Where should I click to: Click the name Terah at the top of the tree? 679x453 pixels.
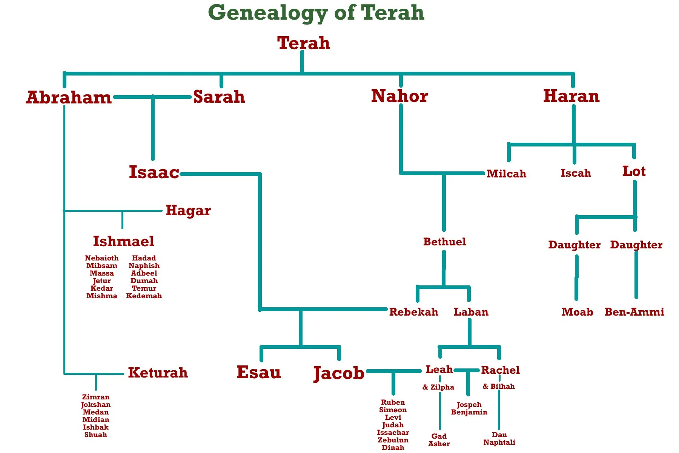click(304, 43)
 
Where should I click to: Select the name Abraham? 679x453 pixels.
click(69, 97)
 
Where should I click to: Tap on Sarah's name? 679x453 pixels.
click(219, 97)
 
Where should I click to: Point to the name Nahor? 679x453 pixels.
click(399, 96)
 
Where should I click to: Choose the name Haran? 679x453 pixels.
click(571, 96)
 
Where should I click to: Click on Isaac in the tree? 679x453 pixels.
click(154, 172)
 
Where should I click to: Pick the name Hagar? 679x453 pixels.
click(188, 211)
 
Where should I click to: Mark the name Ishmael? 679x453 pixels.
click(123, 241)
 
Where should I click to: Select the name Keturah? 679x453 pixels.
click(158, 373)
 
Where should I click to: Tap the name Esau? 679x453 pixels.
click(259, 373)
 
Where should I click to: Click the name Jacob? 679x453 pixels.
click(339, 373)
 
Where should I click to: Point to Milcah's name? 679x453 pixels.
click(506, 174)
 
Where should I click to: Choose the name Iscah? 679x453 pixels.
click(576, 173)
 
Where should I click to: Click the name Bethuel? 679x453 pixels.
click(444, 242)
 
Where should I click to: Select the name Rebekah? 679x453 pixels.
click(413, 312)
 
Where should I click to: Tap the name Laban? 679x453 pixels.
click(471, 312)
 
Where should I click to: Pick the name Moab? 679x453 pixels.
click(577, 312)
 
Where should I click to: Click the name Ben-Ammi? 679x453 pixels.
click(634, 312)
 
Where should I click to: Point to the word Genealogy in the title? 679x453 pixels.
click(268, 13)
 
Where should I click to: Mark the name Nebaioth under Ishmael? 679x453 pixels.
click(101, 258)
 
